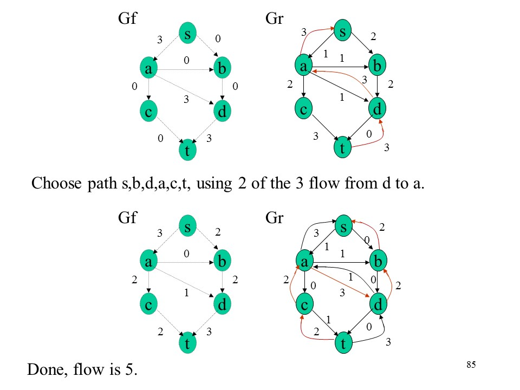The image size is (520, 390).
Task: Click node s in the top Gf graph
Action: point(187,34)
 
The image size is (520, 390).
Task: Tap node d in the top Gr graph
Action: point(378,109)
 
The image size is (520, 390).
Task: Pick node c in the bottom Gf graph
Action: point(147,305)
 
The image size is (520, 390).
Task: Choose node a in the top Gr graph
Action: point(304,66)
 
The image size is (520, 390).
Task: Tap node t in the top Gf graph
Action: point(187,151)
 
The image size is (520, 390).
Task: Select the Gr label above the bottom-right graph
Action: point(275,217)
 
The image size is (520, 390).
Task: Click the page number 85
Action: point(471,365)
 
